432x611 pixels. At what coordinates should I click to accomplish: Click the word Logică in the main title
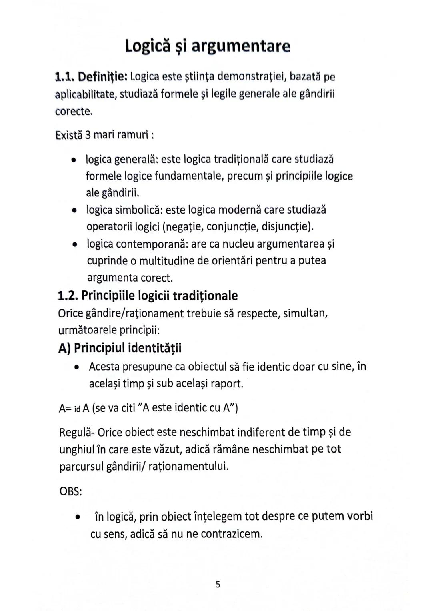tap(148, 46)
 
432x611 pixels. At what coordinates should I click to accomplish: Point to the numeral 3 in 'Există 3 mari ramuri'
tap(88, 135)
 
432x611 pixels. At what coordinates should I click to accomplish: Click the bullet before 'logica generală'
tap(73, 160)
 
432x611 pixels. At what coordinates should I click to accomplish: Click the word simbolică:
tap(138, 210)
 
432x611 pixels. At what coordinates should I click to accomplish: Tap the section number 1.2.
tap(68, 296)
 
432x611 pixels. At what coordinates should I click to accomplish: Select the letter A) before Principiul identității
tap(64, 348)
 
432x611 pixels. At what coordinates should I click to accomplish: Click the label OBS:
tap(70, 491)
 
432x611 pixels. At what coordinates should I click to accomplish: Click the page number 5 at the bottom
tap(218, 585)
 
